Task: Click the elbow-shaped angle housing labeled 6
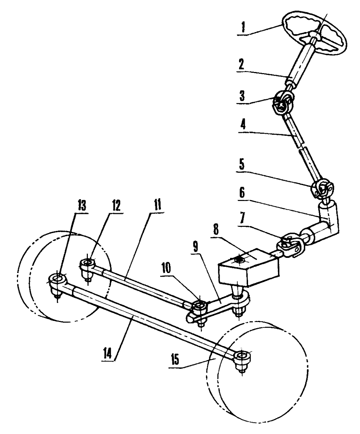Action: point(328,220)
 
